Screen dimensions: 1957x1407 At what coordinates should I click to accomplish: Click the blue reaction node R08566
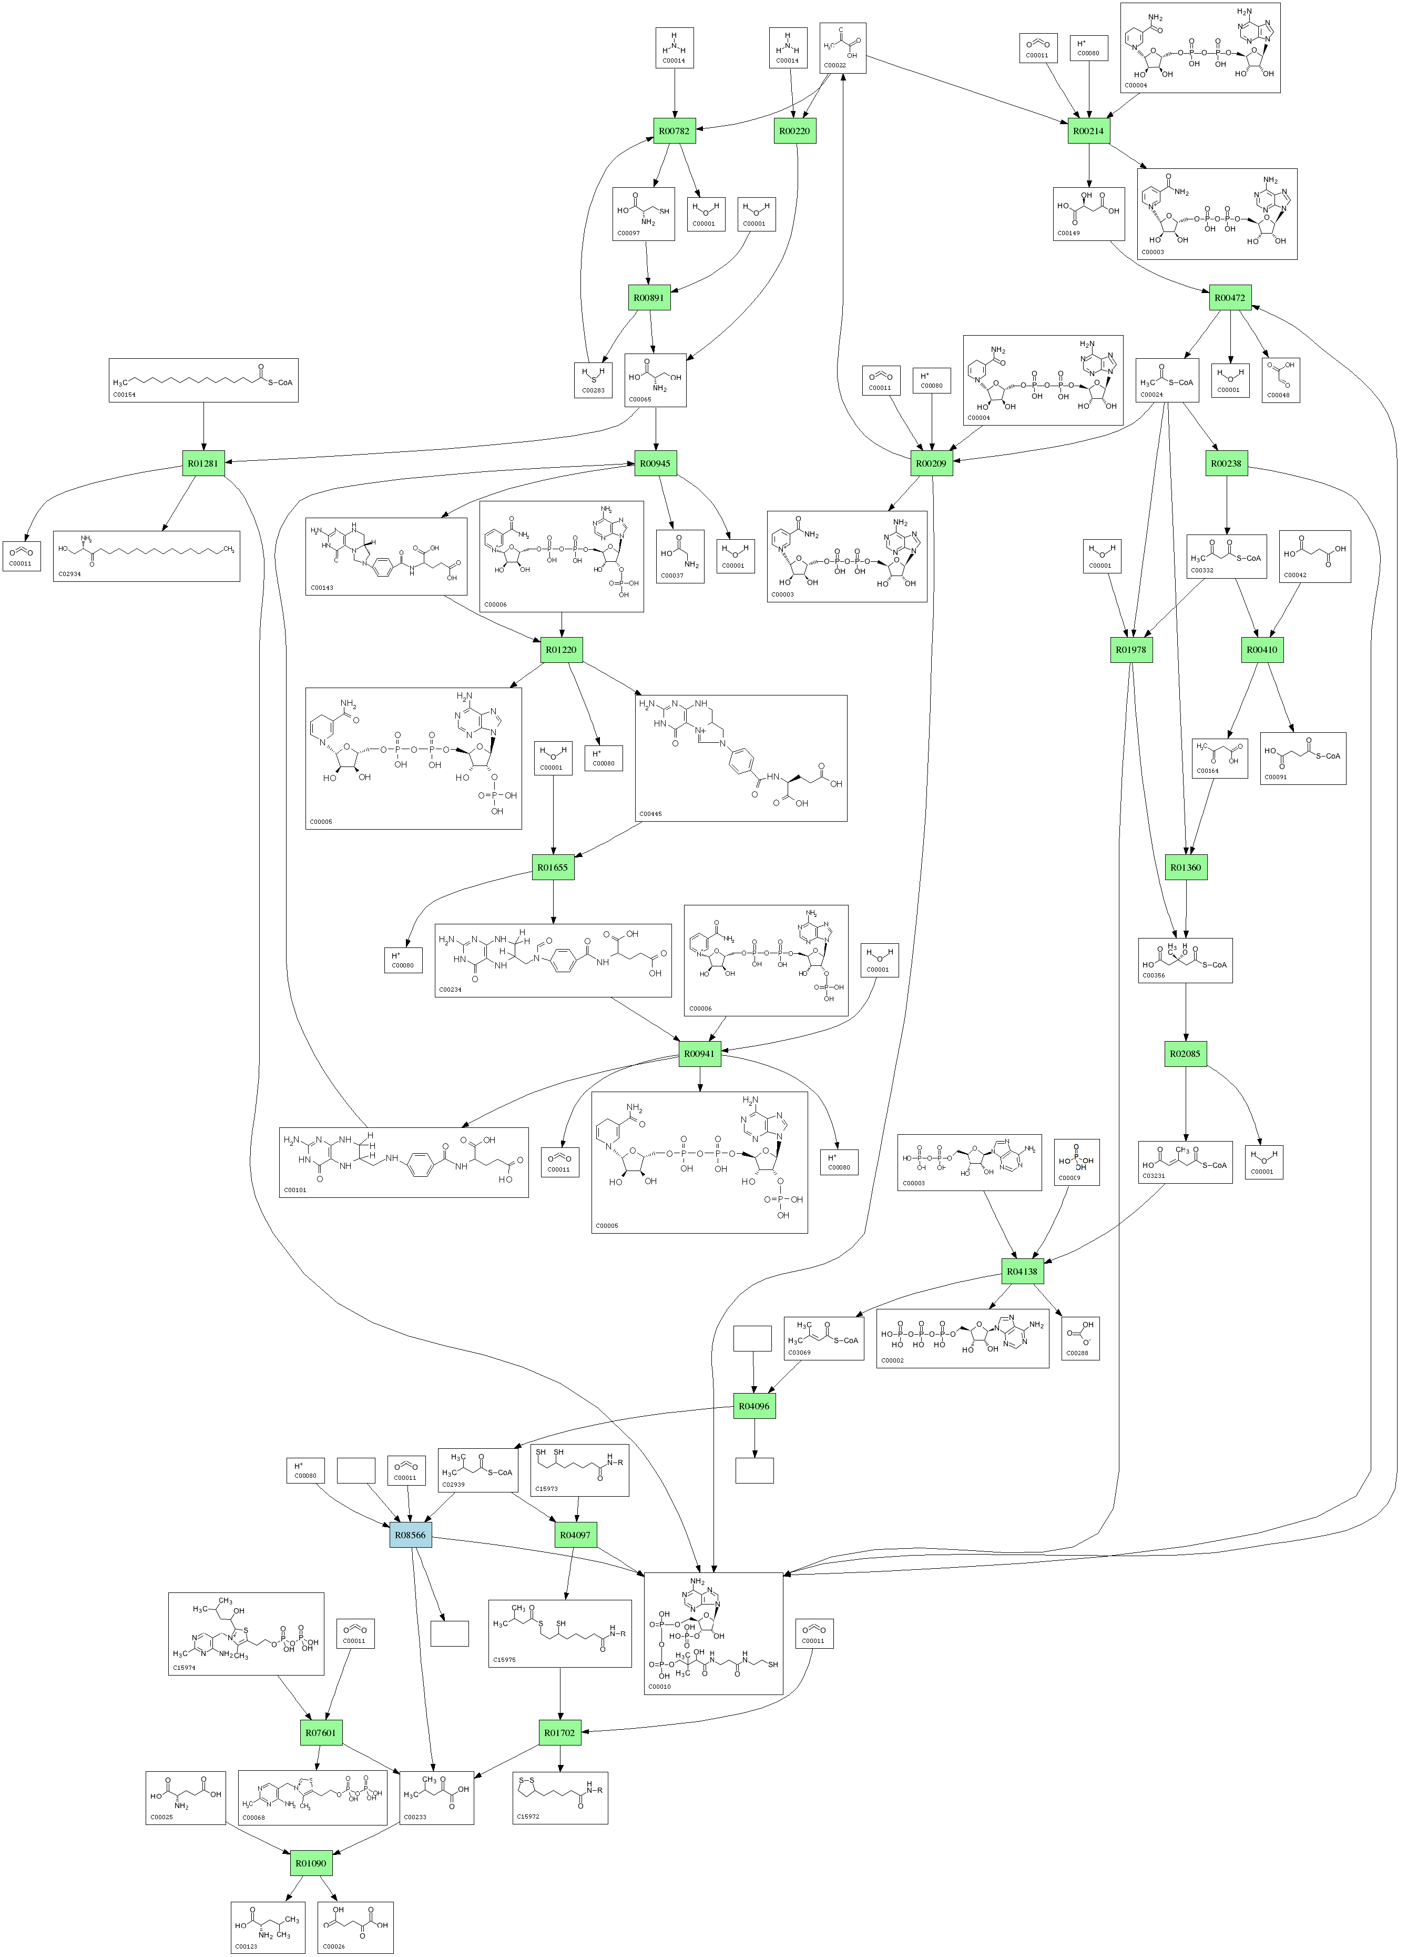[411, 1535]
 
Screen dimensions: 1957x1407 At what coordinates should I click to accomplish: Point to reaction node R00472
[1229, 298]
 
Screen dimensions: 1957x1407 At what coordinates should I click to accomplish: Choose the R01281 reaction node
[203, 463]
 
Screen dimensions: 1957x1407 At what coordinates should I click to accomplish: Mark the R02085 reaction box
[1185, 1054]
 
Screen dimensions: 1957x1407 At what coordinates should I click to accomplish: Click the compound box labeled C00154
[203, 380]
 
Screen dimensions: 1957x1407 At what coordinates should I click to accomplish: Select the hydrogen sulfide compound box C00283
[594, 380]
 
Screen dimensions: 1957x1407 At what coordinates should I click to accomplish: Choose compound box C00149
[1089, 214]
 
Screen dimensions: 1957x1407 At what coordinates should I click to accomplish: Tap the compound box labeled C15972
[560, 1798]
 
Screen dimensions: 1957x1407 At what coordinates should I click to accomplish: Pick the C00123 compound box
[268, 1928]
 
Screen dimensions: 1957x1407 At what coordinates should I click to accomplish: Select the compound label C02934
[70, 574]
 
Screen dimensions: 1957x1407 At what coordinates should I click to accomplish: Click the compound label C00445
[650, 814]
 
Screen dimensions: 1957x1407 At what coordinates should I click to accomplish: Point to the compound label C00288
[1077, 1353]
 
